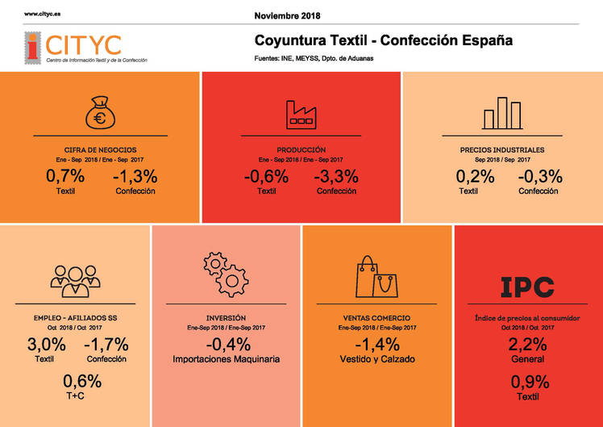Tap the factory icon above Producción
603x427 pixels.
301,113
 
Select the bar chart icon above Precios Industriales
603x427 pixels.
501,113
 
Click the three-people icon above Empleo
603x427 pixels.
75,279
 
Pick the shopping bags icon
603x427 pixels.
376,277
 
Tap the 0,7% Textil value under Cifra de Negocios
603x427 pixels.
65,176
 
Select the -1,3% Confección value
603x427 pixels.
135,176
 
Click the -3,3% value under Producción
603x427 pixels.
336,176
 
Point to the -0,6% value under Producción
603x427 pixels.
266,176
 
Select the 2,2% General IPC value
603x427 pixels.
528,345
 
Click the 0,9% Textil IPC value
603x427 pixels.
528,382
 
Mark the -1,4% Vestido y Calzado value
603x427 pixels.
376,345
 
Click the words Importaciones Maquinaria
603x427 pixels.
227,358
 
